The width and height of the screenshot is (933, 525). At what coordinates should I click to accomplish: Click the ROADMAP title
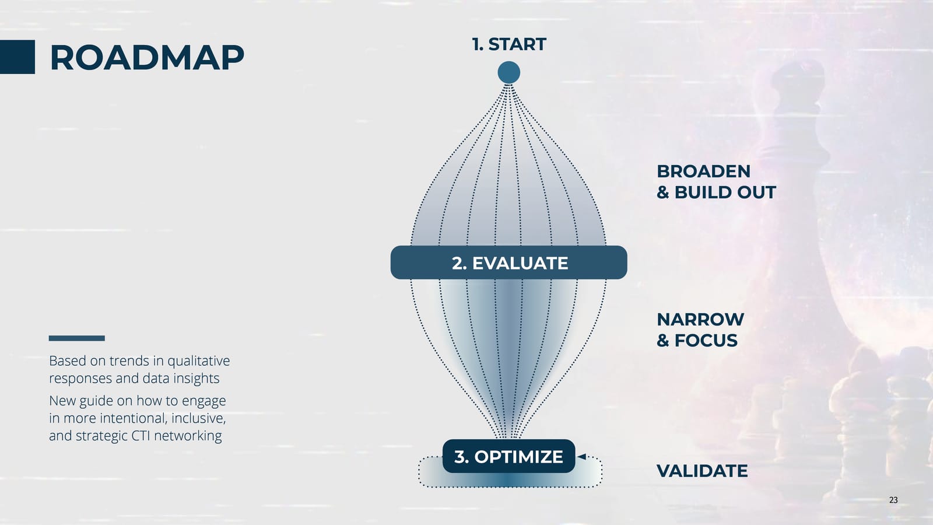(147, 58)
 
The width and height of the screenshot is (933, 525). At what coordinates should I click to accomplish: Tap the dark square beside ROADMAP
(17, 57)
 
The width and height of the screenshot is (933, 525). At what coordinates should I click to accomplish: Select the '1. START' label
(508, 44)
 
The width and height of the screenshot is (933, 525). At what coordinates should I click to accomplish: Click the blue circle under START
(508, 73)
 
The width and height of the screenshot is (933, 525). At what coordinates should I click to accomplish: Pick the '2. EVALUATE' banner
(508, 262)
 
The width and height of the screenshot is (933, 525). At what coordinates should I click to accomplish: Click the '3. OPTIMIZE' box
(508, 456)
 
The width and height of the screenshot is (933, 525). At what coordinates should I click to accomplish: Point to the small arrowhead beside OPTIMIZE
(581, 457)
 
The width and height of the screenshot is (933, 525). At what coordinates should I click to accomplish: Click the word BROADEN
(703, 171)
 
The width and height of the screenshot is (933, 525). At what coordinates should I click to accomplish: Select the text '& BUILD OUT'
(716, 192)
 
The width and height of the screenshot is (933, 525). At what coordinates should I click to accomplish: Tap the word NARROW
(700, 320)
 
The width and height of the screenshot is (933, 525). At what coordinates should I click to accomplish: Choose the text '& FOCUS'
(697, 341)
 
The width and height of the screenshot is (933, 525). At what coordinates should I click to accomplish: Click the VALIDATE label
(701, 471)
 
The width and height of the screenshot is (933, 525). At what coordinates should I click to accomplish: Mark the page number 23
(893, 500)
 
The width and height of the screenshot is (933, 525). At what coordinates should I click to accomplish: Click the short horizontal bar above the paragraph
(77, 338)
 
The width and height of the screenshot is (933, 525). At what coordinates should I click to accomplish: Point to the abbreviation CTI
(141, 436)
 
